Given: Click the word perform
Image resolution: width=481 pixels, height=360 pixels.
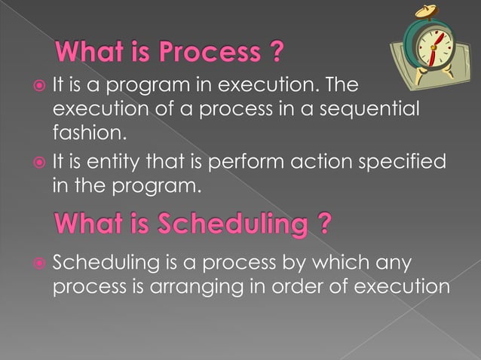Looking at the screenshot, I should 241,163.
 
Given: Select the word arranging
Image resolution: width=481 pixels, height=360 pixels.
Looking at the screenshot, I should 201,287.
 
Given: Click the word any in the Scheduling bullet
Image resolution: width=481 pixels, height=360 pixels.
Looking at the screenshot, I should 397,263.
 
